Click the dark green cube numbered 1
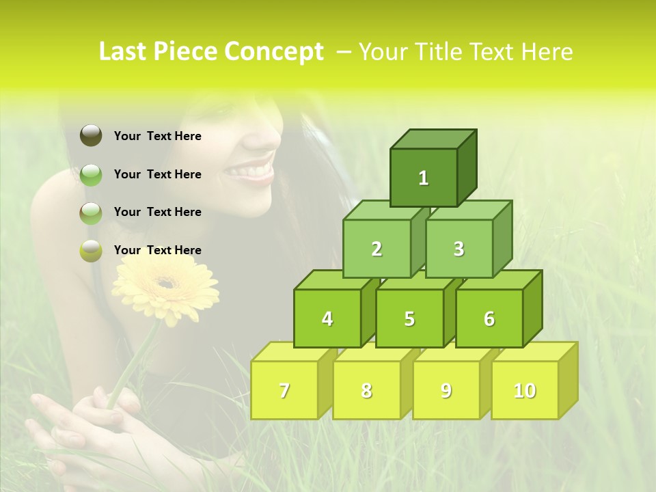[x=424, y=178]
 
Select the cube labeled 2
[x=377, y=249]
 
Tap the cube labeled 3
[x=459, y=249]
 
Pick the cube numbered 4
[x=327, y=318]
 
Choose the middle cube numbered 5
[x=409, y=318]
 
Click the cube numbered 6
[x=489, y=318]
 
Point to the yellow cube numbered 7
[x=284, y=390]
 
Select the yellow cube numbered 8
[x=366, y=390]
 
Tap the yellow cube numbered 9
[x=446, y=390]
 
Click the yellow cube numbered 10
[x=525, y=390]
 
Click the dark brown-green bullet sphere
[x=91, y=136]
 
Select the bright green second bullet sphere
[x=91, y=175]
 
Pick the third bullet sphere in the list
[x=91, y=213]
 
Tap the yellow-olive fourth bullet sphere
[x=91, y=251]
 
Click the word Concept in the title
[x=274, y=52]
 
